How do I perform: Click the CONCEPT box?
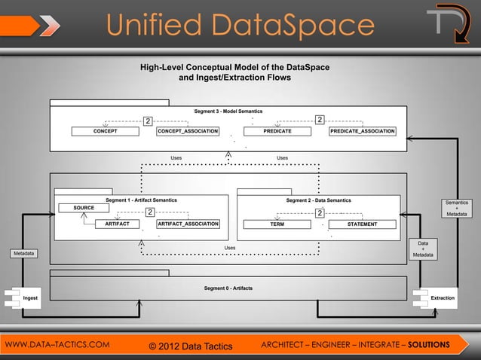click(x=106, y=131)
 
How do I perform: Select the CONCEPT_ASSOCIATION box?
click(x=188, y=131)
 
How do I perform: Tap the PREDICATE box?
click(x=277, y=131)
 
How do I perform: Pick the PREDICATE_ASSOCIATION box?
click(x=363, y=131)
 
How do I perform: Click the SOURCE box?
click(x=84, y=207)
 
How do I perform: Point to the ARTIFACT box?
click(x=117, y=224)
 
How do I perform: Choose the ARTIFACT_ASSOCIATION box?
click(x=188, y=224)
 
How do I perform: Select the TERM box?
click(x=277, y=224)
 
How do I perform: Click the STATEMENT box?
click(x=363, y=224)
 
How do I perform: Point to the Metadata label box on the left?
click(x=23, y=253)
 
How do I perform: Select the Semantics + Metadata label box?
click(x=456, y=209)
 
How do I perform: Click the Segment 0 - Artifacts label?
click(x=228, y=288)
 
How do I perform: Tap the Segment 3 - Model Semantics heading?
click(x=228, y=111)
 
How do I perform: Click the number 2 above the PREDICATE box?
click(x=320, y=120)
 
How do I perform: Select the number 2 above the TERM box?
click(x=320, y=213)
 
